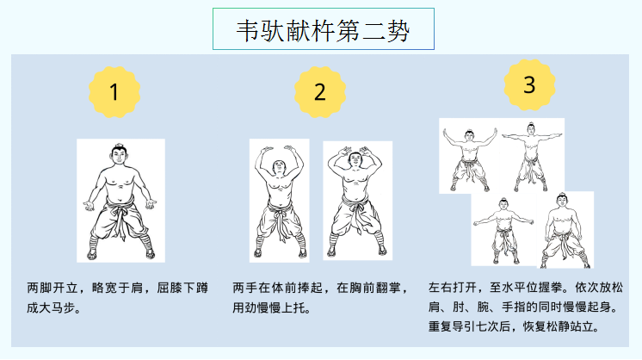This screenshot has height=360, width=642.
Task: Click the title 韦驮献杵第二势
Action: pos(323,30)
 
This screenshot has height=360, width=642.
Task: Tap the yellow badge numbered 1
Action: pos(114,92)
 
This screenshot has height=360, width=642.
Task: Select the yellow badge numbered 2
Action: pos(320,92)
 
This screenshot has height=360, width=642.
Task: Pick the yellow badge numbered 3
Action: pos(530,84)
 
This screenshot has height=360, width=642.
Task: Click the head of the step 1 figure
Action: pos(119,154)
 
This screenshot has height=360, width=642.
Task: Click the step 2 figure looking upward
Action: pos(279,201)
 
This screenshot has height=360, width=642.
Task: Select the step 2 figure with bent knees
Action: pos(357,201)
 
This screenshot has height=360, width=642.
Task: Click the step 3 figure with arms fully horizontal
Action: pos(532,157)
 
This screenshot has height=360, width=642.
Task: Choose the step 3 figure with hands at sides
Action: pos(565,231)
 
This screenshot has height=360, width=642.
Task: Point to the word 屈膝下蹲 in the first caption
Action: pos(182,288)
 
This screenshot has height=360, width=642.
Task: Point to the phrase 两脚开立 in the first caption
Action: pos(52,288)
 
